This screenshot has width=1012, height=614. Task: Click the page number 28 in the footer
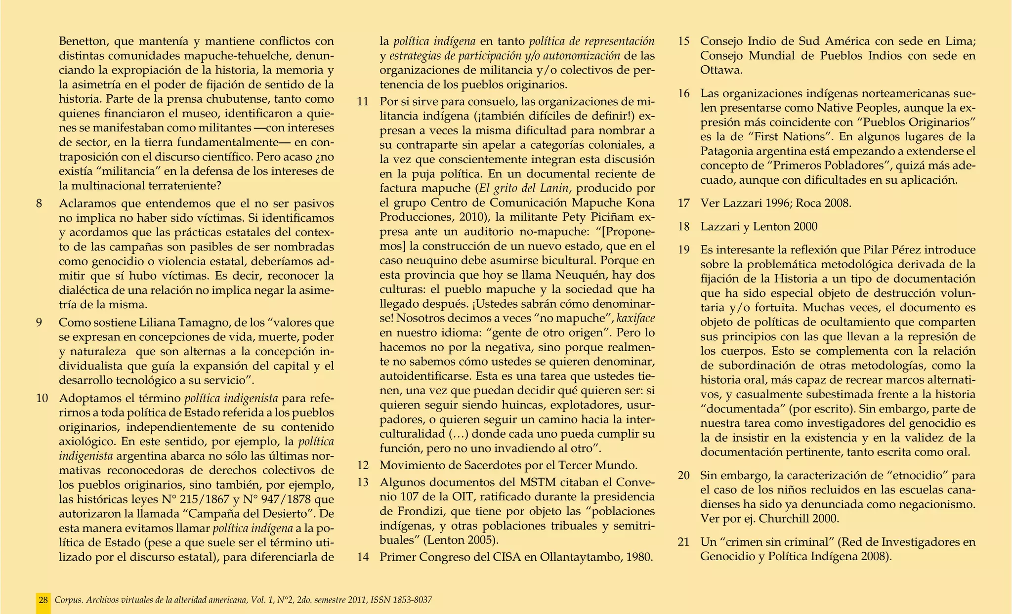43,600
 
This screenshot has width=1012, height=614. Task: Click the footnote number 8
40,204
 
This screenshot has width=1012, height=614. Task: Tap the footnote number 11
363,102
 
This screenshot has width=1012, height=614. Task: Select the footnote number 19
684,249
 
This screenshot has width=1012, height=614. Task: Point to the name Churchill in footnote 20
781,519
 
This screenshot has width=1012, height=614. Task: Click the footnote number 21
684,542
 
